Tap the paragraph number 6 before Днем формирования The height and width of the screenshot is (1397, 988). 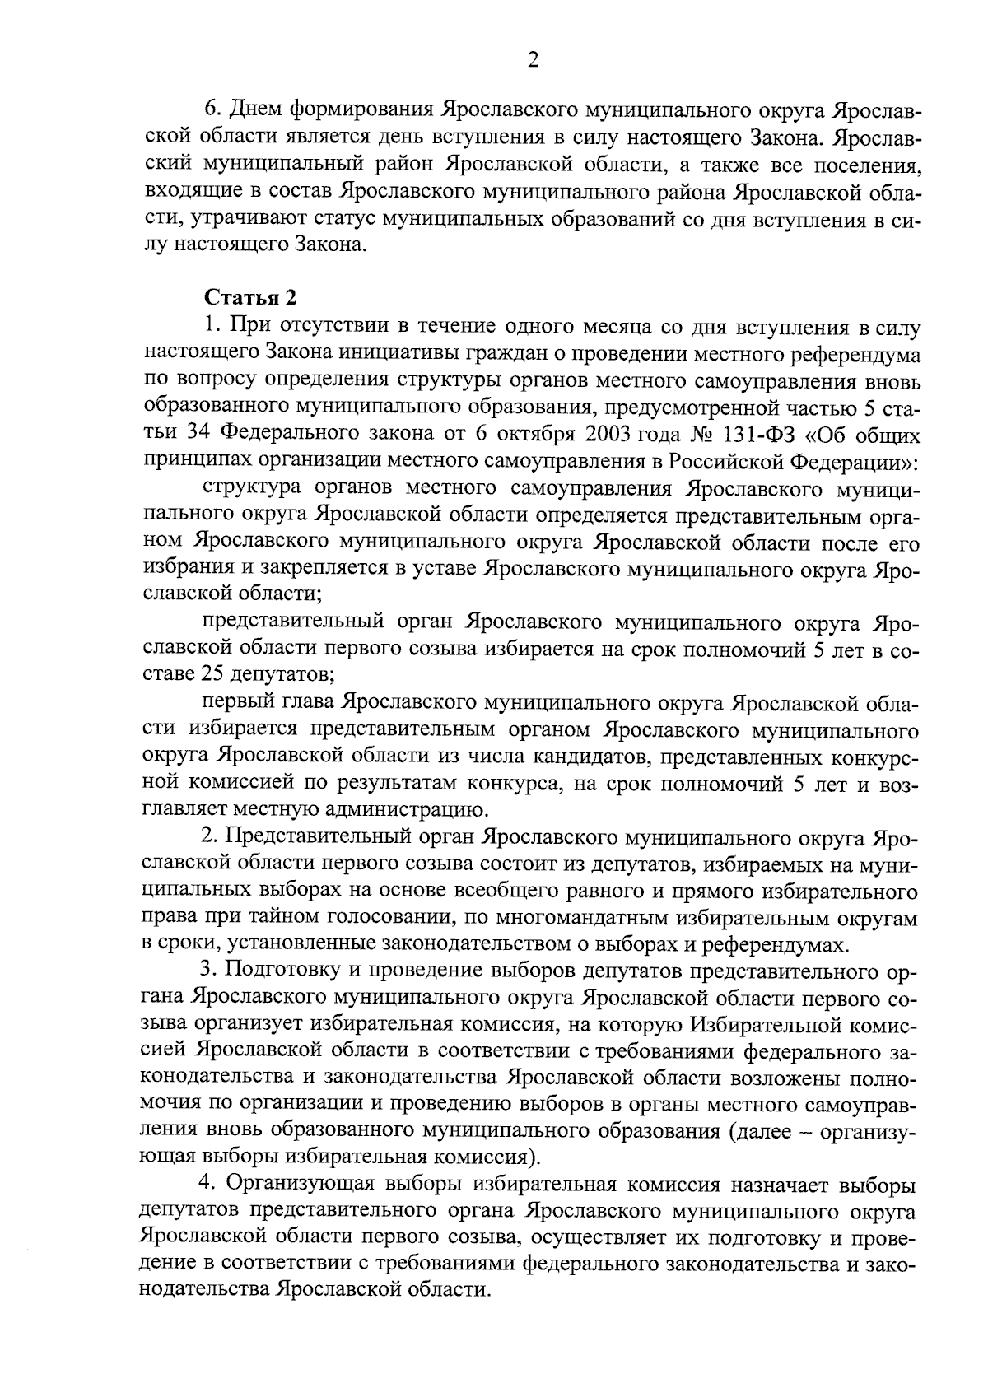tap(210, 109)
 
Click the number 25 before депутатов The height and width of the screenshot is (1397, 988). tap(210, 676)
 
